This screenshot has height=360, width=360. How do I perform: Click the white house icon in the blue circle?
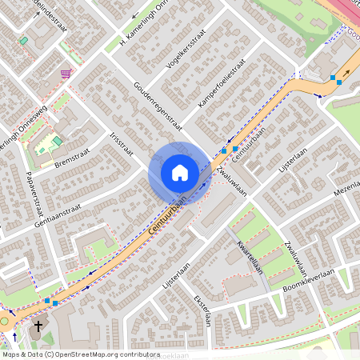point(179,173)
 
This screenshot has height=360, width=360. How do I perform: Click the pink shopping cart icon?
point(66,73)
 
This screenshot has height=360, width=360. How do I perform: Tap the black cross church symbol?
point(38,328)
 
